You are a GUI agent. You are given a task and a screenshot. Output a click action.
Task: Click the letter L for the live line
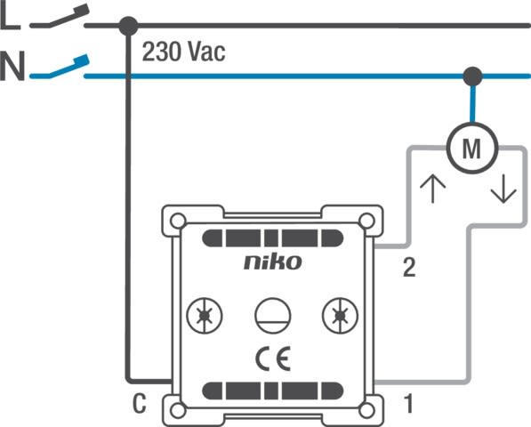click(10, 17)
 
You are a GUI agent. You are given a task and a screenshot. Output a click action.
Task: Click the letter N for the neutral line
click(12, 66)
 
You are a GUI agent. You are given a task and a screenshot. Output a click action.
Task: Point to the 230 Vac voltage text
click(183, 52)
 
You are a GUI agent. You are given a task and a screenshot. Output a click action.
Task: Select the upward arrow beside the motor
click(432, 189)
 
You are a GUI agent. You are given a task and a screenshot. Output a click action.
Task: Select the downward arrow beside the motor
click(503, 189)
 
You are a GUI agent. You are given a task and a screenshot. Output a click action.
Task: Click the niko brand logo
click(272, 262)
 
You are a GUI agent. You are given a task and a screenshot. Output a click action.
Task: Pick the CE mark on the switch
click(273, 359)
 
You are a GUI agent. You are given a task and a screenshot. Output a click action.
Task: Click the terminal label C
click(139, 404)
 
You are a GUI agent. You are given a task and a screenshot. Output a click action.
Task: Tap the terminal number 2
click(409, 268)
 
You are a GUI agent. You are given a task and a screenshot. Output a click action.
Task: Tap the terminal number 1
click(409, 404)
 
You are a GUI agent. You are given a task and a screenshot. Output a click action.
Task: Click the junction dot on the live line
click(128, 26)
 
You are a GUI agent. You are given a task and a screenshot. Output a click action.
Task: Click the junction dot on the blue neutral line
click(472, 77)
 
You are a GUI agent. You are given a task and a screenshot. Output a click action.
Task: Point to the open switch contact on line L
click(60, 17)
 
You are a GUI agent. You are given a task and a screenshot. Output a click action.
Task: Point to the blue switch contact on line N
click(60, 67)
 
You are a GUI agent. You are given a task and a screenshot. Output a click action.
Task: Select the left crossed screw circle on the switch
click(205, 316)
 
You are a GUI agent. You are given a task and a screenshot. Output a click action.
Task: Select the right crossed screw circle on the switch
click(340, 316)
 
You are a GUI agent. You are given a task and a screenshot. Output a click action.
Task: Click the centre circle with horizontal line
click(272, 316)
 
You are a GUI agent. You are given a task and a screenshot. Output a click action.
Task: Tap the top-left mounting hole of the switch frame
click(178, 222)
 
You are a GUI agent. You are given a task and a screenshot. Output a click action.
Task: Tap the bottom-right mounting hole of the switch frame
click(366, 411)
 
